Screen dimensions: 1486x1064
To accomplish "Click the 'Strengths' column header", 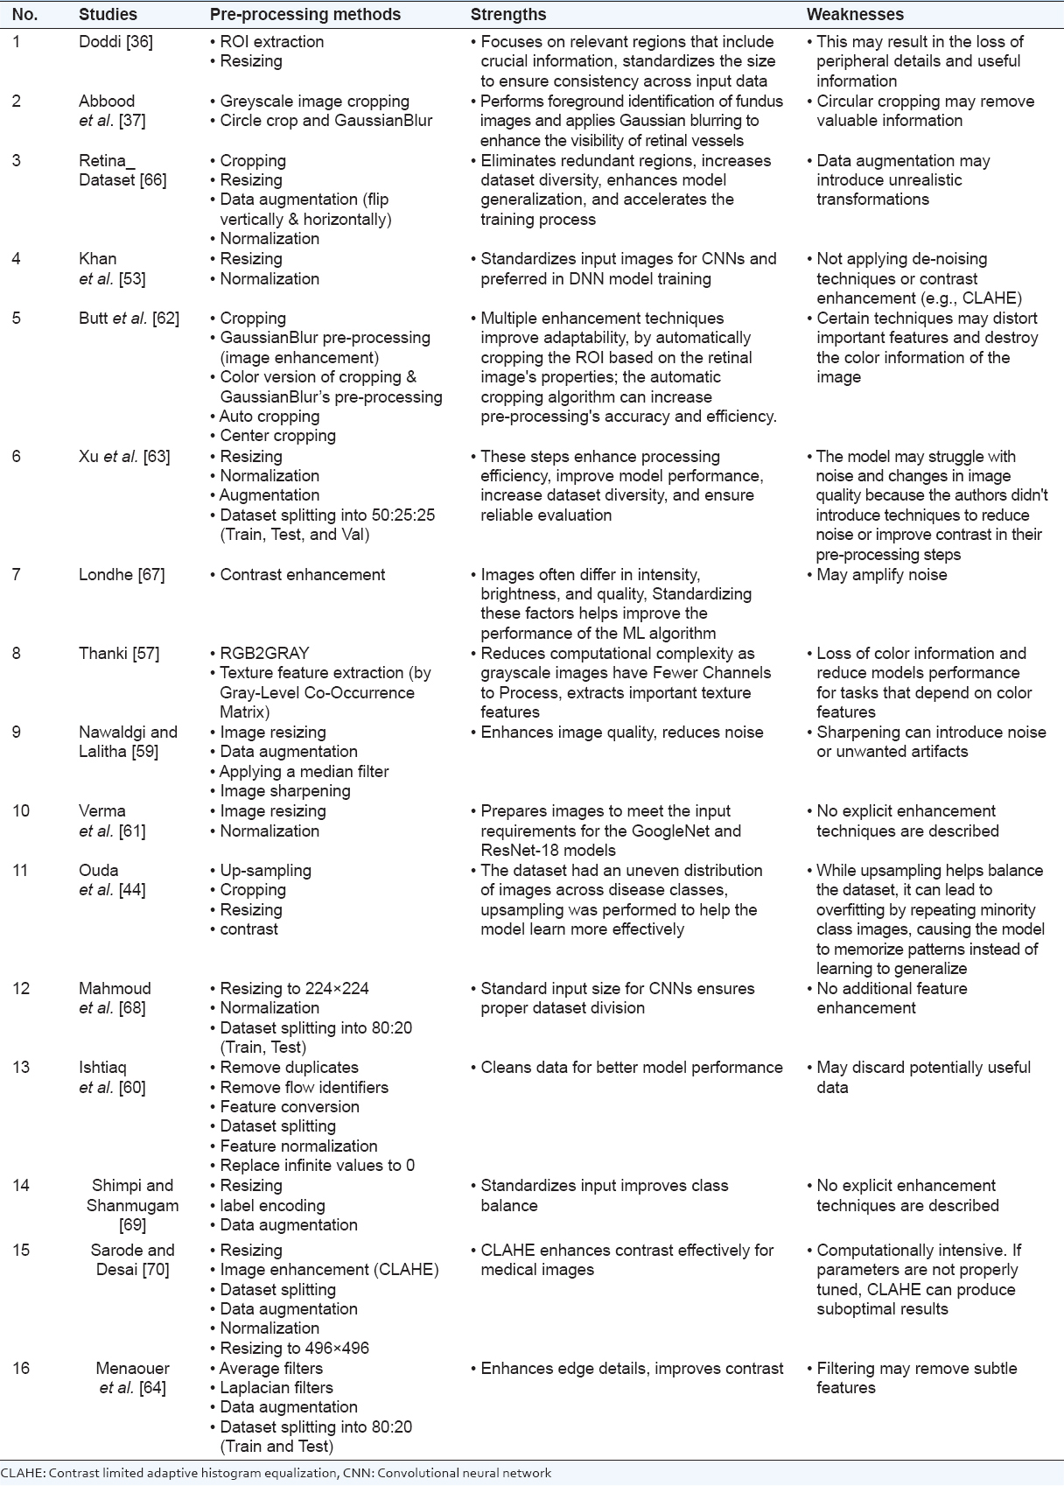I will pyautogui.click(x=507, y=15).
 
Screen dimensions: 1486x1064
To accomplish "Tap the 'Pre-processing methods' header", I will pyautogui.click(x=305, y=15).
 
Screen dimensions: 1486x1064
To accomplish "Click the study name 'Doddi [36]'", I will pyautogui.click(x=115, y=42).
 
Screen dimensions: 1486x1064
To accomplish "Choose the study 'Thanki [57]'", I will pyautogui.click(x=119, y=654).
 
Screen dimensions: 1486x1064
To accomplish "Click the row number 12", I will pyautogui.click(x=21, y=989).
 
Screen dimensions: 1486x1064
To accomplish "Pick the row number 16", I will pyautogui.click(x=21, y=1369).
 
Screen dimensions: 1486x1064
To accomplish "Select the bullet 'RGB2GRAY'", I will pyautogui.click(x=264, y=654).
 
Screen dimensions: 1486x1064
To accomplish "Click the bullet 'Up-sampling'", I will pyautogui.click(x=265, y=871).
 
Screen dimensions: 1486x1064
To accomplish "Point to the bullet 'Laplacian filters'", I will pyautogui.click(x=276, y=1388).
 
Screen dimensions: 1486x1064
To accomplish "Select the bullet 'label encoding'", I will pyautogui.click(x=272, y=1206).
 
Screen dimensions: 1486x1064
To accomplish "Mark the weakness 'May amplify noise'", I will pyautogui.click(x=881, y=575).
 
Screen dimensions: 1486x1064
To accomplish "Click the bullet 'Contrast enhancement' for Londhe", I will pyautogui.click(x=302, y=575).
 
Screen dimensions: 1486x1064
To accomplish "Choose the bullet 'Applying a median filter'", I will pyautogui.click(x=304, y=772).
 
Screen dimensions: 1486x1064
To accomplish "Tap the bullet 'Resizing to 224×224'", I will pyautogui.click(x=294, y=989).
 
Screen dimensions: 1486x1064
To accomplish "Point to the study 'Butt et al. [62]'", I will pyautogui.click(x=129, y=319).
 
